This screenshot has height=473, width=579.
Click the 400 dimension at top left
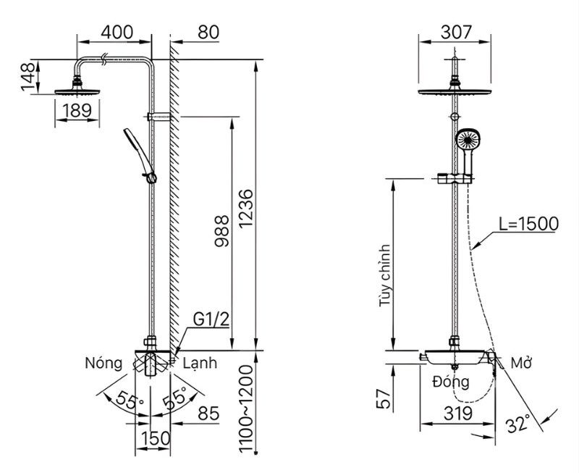(116, 33)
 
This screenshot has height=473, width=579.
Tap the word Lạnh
(198, 362)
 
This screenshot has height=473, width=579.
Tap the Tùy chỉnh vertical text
(384, 276)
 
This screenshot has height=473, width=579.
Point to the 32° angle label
(517, 422)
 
